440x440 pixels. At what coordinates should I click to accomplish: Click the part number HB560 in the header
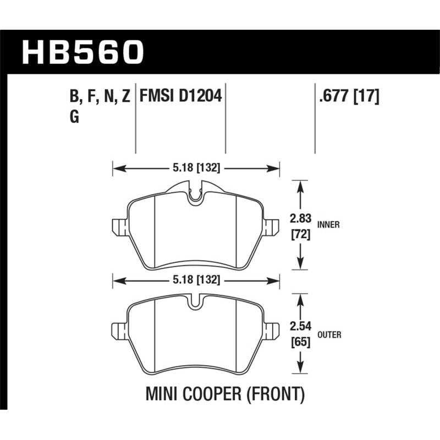(82, 53)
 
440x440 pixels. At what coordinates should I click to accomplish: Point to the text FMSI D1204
(180, 97)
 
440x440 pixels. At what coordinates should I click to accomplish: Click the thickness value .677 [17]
(346, 97)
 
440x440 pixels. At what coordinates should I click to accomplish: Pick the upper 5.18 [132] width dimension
(196, 168)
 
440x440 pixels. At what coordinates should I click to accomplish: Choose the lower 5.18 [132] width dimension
(196, 280)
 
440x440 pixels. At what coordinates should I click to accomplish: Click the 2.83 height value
(300, 218)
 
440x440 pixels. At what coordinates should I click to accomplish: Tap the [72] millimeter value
(300, 235)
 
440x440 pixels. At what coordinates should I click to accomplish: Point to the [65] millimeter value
(300, 343)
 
